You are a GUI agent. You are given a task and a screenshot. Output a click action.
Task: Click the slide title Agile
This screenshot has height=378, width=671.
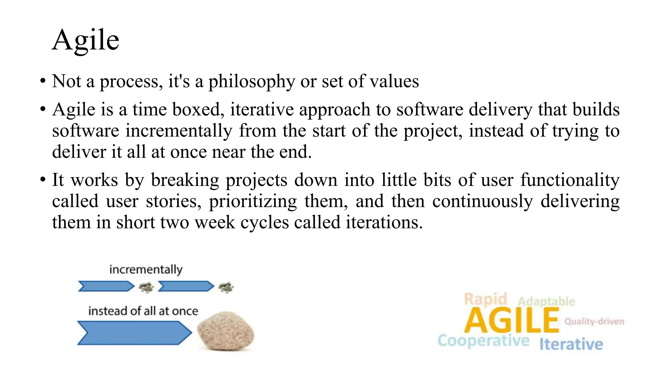86,40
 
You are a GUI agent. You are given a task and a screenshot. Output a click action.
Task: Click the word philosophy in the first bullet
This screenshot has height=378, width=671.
252,81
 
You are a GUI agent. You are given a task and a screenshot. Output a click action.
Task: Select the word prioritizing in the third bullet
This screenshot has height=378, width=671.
253,201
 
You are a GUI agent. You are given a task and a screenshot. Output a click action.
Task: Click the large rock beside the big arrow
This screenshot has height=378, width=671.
225,331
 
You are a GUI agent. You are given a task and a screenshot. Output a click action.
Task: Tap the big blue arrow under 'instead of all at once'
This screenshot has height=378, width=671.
134,333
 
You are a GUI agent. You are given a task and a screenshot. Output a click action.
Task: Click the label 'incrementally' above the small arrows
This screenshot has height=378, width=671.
145,270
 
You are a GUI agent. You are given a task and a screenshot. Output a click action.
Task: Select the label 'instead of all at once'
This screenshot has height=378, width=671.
143,311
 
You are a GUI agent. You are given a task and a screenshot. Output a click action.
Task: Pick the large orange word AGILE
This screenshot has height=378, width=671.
511,321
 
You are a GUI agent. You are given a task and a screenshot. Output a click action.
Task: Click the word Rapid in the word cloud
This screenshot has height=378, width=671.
485,299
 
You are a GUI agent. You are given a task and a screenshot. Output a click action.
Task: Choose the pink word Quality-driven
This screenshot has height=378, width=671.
594,321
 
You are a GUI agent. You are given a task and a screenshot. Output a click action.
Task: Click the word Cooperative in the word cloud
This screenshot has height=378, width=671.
483,341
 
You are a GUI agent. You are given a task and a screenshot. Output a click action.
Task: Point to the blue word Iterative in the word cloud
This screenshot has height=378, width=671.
571,344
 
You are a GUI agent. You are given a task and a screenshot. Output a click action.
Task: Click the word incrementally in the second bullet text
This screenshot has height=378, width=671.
179,131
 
